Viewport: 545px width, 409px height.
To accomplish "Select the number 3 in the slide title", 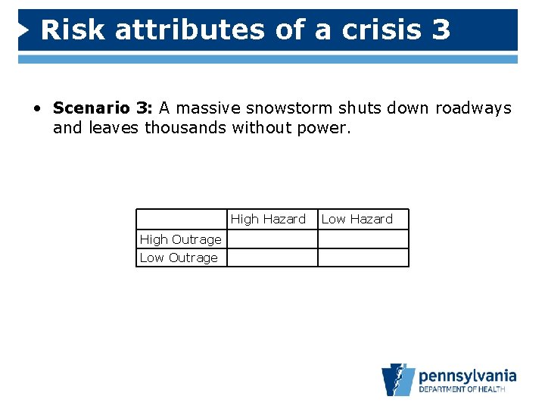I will [x=441, y=30].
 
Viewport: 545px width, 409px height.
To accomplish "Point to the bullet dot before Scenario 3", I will [x=36, y=109].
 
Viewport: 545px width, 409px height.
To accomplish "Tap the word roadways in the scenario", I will [x=473, y=108].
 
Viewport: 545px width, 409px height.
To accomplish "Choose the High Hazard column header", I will [x=268, y=219].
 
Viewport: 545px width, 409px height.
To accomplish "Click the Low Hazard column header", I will [x=357, y=219].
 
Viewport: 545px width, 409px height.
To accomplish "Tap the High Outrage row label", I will [x=181, y=239].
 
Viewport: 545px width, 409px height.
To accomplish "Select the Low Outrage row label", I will [x=179, y=258].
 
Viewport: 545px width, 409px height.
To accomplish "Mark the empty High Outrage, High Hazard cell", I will [x=272, y=239].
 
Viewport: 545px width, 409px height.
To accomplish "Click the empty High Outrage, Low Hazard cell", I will [x=363, y=239].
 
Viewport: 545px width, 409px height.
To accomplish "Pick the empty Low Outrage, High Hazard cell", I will [x=272, y=258].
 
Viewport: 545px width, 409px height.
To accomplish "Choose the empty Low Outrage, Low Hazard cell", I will [x=363, y=258].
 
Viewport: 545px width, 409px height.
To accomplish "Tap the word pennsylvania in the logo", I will [x=467, y=375].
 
